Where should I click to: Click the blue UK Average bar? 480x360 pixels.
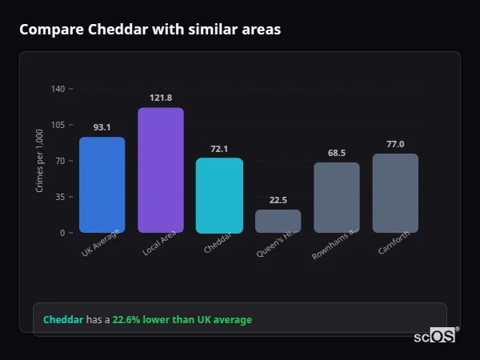[102, 185]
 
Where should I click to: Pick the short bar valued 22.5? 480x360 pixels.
[278, 221]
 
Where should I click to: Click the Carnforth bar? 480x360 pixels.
[395, 193]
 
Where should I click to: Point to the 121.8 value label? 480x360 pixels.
[161, 98]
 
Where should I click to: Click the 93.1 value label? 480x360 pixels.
[102, 127]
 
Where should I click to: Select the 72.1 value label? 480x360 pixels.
[219, 149]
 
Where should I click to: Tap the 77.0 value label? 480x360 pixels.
[395, 144]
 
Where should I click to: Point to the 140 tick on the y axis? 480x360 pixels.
[58, 89]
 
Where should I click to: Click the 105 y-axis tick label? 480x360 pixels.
[58, 125]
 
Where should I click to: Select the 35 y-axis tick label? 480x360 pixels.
[60, 197]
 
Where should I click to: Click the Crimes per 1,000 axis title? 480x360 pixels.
[40, 160]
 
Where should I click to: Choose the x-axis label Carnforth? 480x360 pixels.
[394, 243]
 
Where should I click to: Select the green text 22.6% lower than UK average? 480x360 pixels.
[182, 320]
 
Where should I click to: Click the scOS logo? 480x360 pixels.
[435, 336]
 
